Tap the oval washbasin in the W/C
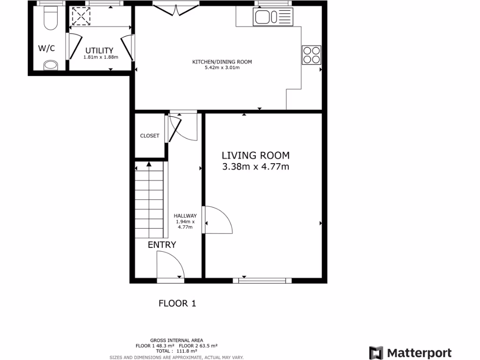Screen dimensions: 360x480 click(x=51, y=65)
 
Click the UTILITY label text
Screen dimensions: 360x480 click(x=99, y=51)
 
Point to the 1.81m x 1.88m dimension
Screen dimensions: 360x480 click(x=101, y=57)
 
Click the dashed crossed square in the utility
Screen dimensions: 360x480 click(x=81, y=17)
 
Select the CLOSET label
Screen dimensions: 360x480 click(x=150, y=136)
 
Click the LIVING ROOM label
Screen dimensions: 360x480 click(x=255, y=155)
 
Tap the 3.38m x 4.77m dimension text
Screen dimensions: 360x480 click(x=255, y=166)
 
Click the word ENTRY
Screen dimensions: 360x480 click(x=162, y=245)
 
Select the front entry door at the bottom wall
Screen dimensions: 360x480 click(x=170, y=267)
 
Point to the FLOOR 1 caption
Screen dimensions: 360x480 click(x=177, y=303)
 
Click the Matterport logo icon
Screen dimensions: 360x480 click(x=376, y=353)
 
